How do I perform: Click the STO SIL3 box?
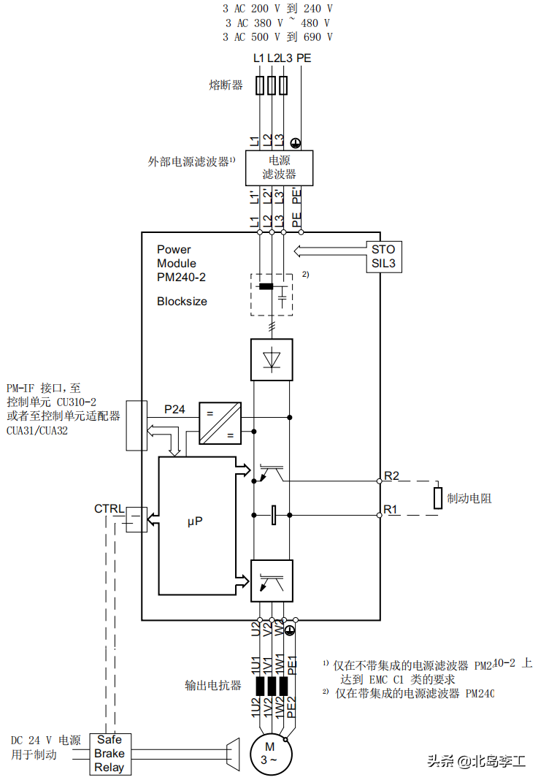[x=383, y=256]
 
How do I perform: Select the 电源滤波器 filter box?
[x=279, y=167]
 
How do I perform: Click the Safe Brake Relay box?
[x=109, y=753]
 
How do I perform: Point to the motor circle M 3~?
[x=270, y=753]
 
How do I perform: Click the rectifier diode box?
[x=272, y=359]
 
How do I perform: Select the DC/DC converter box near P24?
[x=220, y=423]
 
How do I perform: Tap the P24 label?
[x=174, y=410]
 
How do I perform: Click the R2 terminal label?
[x=391, y=476]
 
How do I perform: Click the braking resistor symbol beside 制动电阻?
[x=438, y=497]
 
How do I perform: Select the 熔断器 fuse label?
[x=226, y=85]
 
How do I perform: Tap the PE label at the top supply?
[x=304, y=58]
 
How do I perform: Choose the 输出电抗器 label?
[x=212, y=686]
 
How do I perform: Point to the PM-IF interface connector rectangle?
[x=137, y=425]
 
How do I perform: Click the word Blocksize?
[x=182, y=301]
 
